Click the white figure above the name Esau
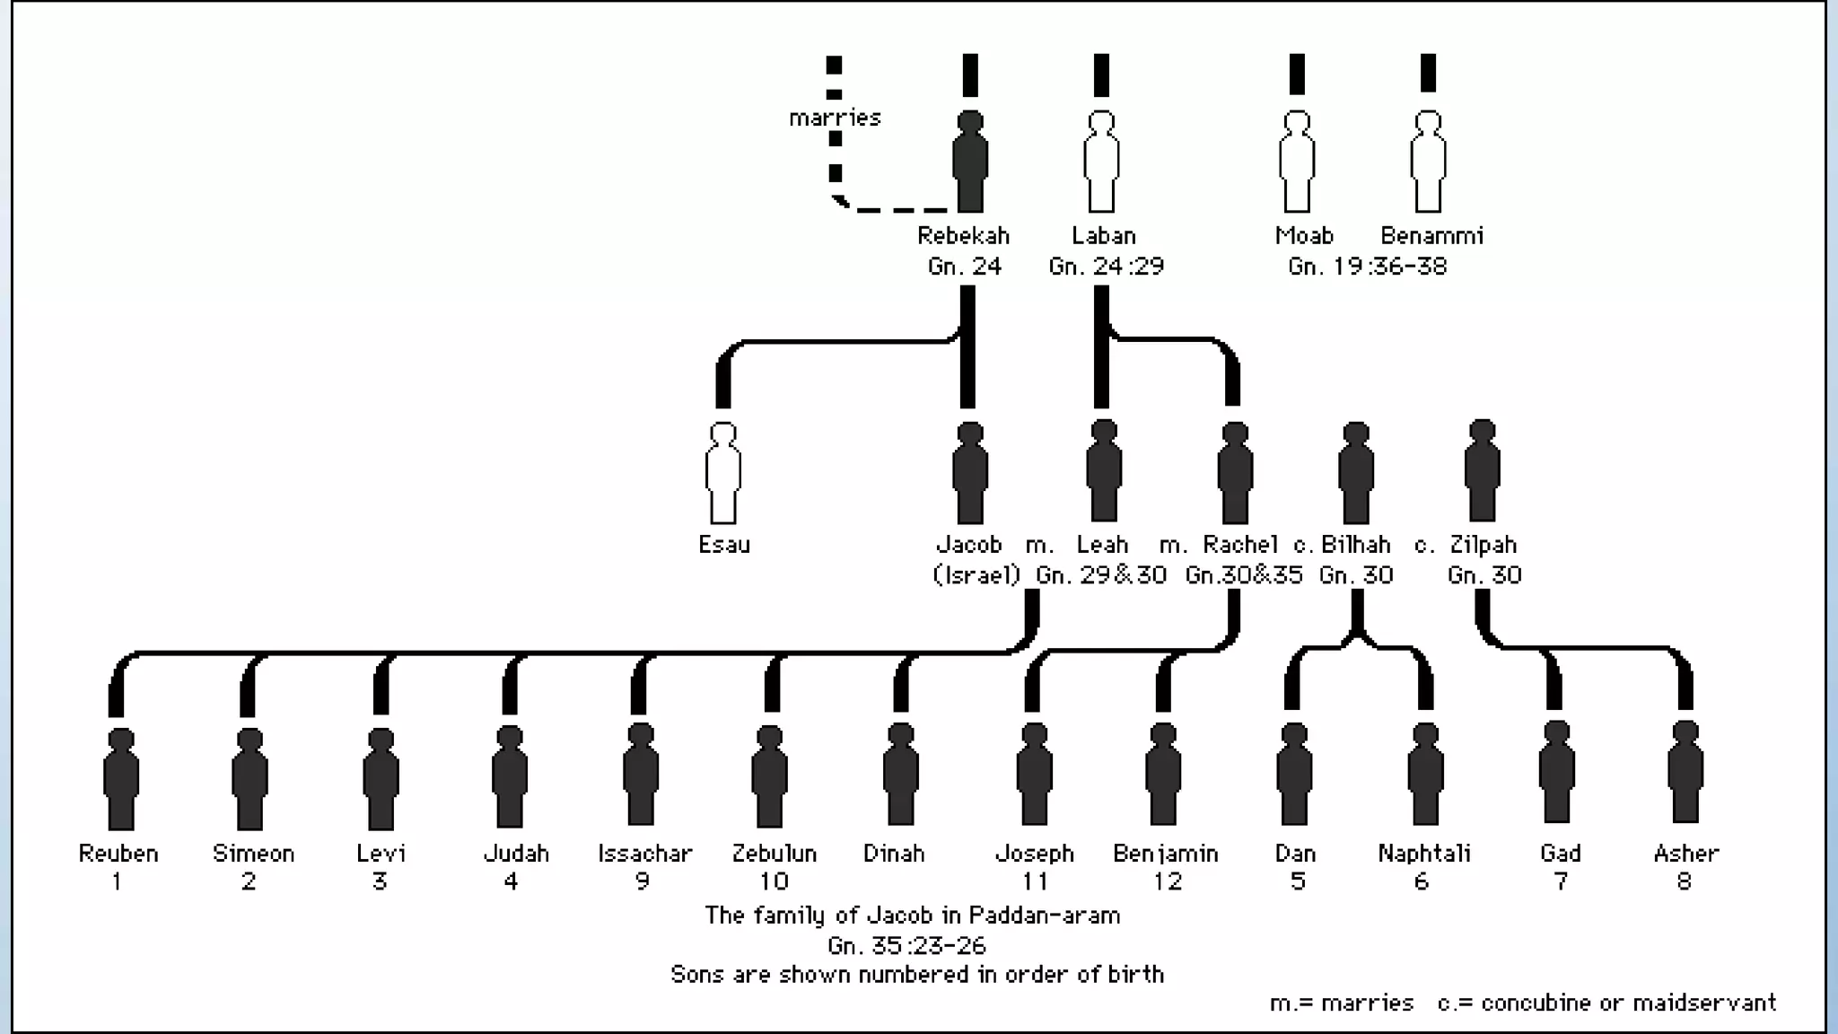coord(723,473)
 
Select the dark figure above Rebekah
coord(970,162)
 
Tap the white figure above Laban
coord(1101,162)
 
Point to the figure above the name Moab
coord(1297,162)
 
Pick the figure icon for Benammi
coord(1428,162)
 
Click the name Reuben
coord(118,853)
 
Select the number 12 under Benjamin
coord(1167,881)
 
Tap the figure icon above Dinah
coord(900,775)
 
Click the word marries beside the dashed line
coord(835,118)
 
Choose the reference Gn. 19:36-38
coord(1367,266)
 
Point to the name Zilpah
coord(1484,544)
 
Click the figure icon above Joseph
coord(1034,775)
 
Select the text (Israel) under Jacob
coord(976,574)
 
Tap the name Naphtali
coord(1424,853)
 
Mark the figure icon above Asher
coord(1685,774)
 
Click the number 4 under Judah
coord(511,881)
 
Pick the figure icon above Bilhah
coord(1356,473)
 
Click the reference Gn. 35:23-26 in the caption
coord(906,945)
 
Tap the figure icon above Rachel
coord(1235,473)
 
